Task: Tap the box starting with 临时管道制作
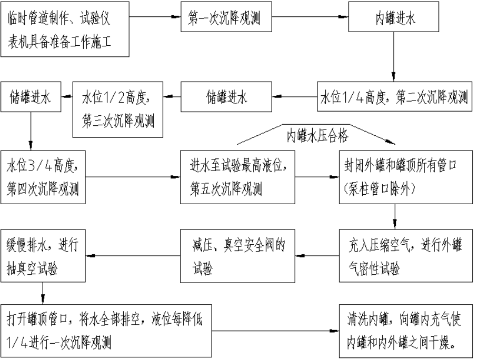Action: (65, 29)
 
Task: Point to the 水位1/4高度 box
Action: (394, 97)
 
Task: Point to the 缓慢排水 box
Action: (42, 256)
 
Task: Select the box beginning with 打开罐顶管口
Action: (107, 329)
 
